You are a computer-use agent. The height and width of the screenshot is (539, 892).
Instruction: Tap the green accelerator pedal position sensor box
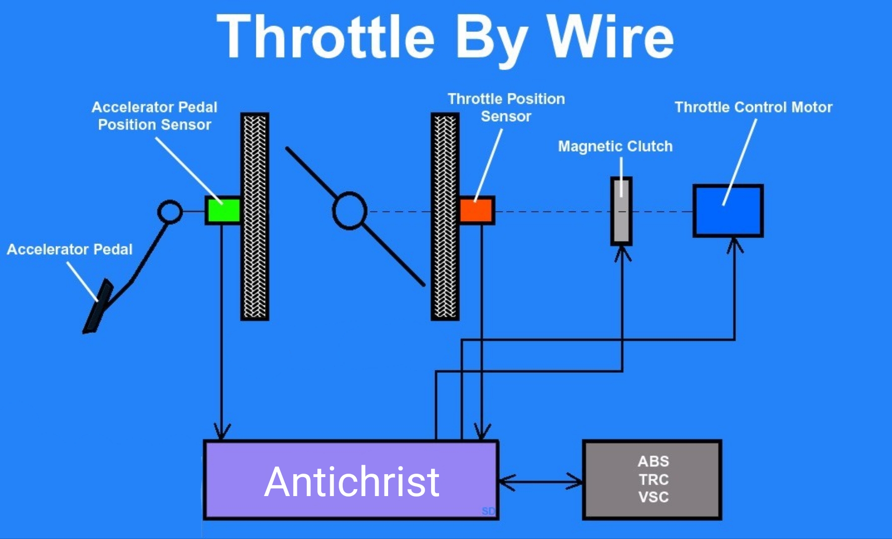pyautogui.click(x=223, y=210)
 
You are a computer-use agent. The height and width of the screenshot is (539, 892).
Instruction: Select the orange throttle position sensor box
pyautogui.click(x=476, y=210)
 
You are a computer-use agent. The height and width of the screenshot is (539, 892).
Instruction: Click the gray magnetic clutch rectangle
pyautogui.click(x=621, y=211)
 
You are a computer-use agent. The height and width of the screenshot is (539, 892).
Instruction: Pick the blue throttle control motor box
pyautogui.click(x=728, y=211)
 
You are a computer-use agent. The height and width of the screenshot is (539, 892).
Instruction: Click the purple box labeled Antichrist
pyautogui.click(x=351, y=480)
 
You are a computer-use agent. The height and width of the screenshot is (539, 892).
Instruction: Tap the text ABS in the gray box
pyautogui.click(x=653, y=461)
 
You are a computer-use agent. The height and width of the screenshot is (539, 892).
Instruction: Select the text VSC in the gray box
pyautogui.click(x=653, y=497)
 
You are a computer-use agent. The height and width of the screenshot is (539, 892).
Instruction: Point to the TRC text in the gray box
pyautogui.click(x=653, y=479)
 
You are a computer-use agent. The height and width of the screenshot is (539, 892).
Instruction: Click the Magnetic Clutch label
pyautogui.click(x=615, y=146)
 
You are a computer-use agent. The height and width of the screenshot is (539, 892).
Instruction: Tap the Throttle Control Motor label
pyautogui.click(x=753, y=107)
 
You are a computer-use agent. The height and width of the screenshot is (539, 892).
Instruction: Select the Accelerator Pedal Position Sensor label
pyautogui.click(x=155, y=116)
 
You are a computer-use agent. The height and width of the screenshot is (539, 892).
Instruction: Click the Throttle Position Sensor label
pyautogui.click(x=506, y=107)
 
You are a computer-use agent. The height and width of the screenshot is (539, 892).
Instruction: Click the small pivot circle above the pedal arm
pyautogui.click(x=170, y=212)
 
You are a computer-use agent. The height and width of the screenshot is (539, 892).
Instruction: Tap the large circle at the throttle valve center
pyautogui.click(x=350, y=211)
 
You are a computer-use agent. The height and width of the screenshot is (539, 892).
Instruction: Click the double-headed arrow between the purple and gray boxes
pyautogui.click(x=540, y=482)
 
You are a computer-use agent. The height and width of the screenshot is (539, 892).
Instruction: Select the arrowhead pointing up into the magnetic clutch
pyautogui.click(x=622, y=253)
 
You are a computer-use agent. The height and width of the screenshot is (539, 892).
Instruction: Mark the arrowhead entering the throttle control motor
pyautogui.click(x=734, y=245)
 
